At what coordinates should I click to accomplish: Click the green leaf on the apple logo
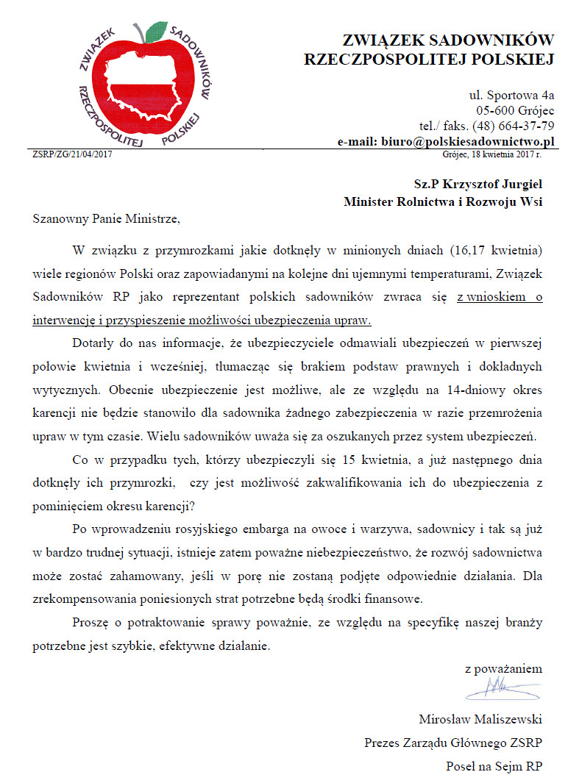pyautogui.click(x=156, y=31)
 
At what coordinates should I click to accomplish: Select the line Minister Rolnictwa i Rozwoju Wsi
pyautogui.click(x=443, y=201)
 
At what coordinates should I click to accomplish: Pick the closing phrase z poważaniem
pyautogui.click(x=503, y=668)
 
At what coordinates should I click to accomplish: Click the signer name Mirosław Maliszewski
pyautogui.click(x=480, y=718)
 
